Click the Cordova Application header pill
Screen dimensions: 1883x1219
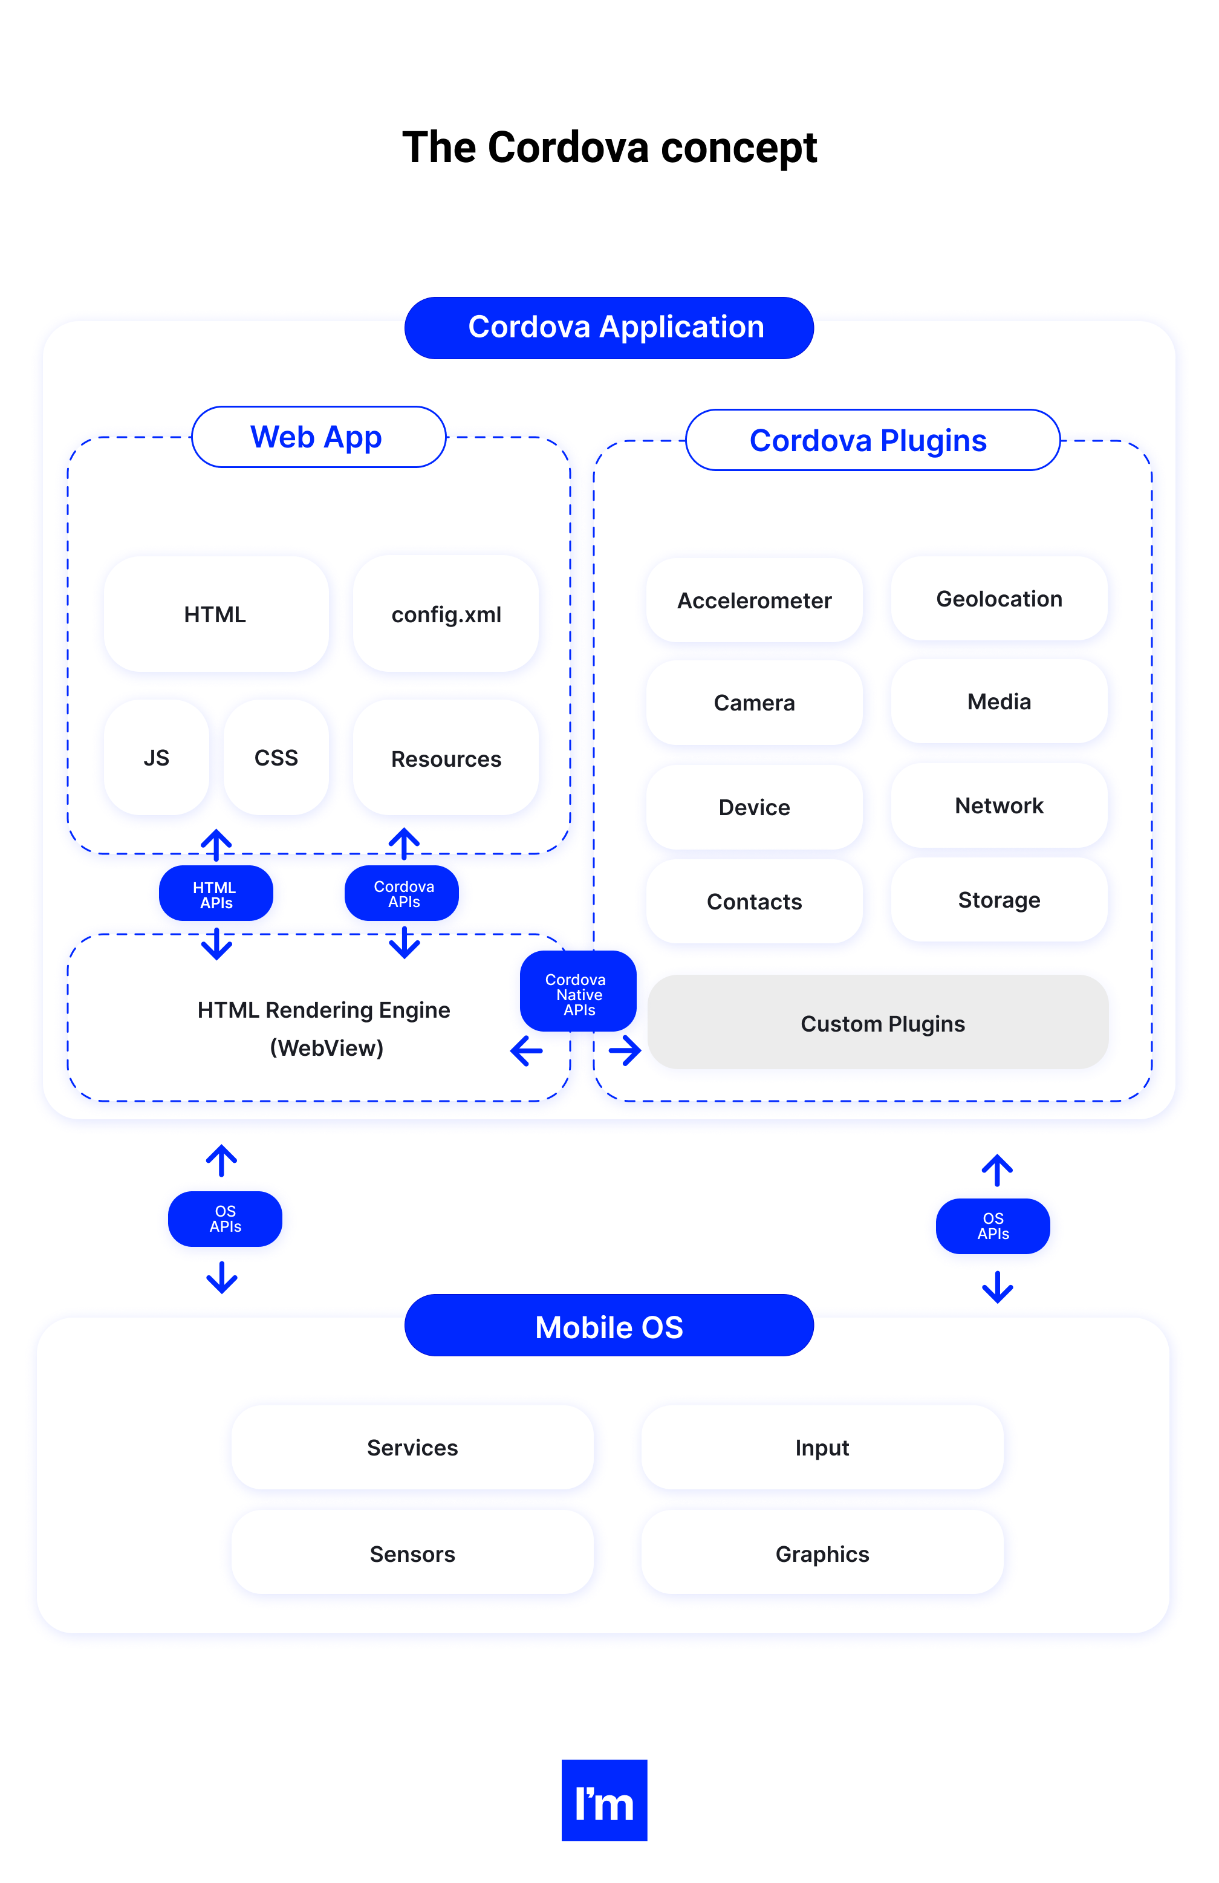click(x=608, y=328)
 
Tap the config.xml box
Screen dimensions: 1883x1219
click(x=446, y=614)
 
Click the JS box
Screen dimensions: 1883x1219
click(x=157, y=757)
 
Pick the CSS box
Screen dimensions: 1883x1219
click(x=276, y=757)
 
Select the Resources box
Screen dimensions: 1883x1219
click(x=446, y=758)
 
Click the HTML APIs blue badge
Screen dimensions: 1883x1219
click(x=215, y=894)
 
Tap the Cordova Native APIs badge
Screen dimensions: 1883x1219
click(x=577, y=993)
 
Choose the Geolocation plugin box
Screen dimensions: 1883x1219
click(x=998, y=599)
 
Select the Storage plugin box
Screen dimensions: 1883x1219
click(x=998, y=900)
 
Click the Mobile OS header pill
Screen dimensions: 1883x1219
click(x=608, y=1326)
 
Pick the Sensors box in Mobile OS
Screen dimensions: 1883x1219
click(x=412, y=1553)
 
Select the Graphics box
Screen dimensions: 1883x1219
click(x=822, y=1553)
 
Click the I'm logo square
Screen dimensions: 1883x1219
click(x=603, y=1800)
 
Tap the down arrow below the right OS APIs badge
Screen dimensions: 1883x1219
click(x=996, y=1287)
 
